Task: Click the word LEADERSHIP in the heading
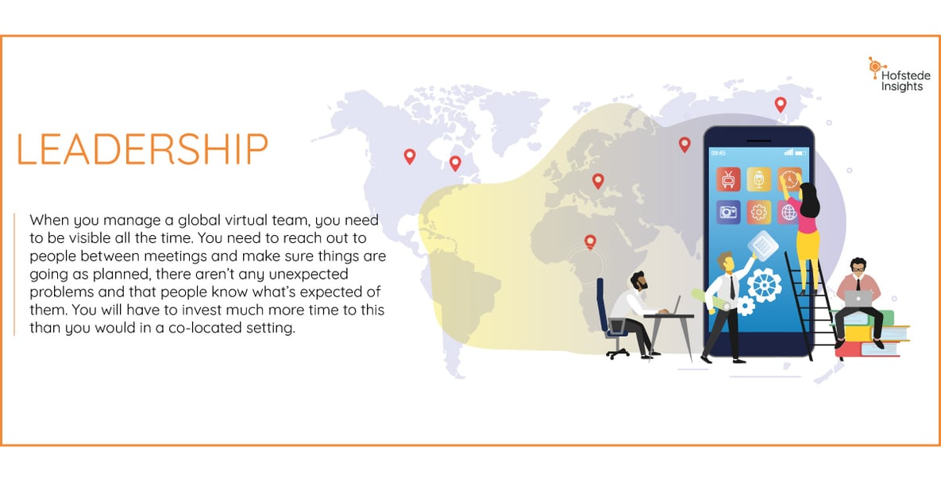tap(142, 150)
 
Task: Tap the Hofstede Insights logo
tap(899, 75)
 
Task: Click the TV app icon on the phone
tap(727, 179)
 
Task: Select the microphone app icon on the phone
tap(758, 179)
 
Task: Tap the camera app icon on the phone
tap(727, 211)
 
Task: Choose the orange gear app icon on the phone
tap(758, 211)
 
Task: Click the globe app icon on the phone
tap(789, 211)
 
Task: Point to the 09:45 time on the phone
tap(718, 152)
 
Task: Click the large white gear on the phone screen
tap(764, 284)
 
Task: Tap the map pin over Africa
tap(590, 241)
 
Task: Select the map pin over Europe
tap(598, 180)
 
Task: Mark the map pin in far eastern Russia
tap(781, 103)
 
